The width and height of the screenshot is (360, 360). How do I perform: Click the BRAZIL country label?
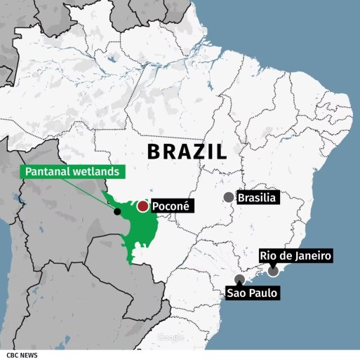tap(187, 152)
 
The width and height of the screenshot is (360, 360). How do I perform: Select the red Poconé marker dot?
tap(142, 206)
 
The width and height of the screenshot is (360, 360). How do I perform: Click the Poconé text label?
tap(173, 206)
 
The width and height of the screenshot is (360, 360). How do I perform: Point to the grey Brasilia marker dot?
tap(229, 198)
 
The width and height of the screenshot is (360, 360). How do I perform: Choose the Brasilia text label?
tap(259, 198)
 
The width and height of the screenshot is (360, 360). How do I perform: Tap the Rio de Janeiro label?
tap(295, 255)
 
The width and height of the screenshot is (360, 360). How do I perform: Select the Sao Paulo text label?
tap(253, 293)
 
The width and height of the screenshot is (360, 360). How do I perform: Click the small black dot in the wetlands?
tap(117, 211)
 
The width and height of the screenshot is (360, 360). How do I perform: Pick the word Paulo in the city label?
tap(265, 293)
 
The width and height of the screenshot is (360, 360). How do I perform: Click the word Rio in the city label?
tap(267, 255)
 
